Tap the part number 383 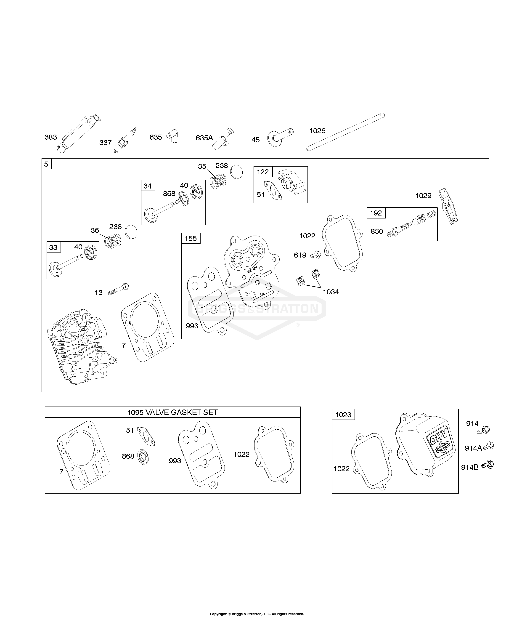click(x=50, y=137)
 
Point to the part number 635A click(x=204, y=138)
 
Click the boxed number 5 click(x=46, y=164)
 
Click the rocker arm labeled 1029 click(x=448, y=206)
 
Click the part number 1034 click(x=331, y=292)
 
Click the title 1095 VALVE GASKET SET click(x=172, y=412)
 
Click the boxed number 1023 click(x=343, y=415)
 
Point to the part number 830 click(x=377, y=231)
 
